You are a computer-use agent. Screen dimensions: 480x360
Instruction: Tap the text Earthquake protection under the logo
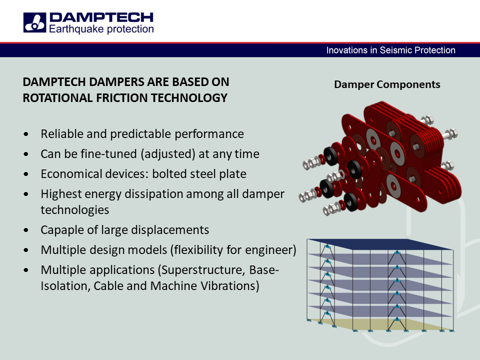pyautogui.click(x=101, y=29)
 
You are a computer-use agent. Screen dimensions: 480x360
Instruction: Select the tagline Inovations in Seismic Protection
pyautogui.click(x=390, y=50)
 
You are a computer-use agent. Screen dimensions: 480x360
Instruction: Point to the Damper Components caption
pyautogui.click(x=387, y=84)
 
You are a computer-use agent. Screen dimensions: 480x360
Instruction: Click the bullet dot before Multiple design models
pyautogui.click(x=26, y=250)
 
